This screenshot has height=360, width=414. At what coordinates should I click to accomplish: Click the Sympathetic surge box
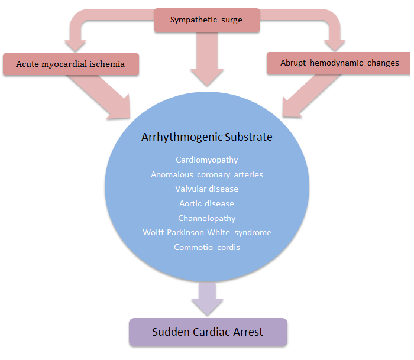point(206,20)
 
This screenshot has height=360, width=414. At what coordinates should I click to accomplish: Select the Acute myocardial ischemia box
point(71,64)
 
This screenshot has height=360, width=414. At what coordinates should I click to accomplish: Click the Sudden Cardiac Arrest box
point(208,332)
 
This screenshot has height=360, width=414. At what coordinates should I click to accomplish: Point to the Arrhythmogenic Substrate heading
point(207,137)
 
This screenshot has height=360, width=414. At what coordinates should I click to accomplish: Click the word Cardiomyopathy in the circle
point(207,160)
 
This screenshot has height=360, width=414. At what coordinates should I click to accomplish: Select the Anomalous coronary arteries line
point(207,174)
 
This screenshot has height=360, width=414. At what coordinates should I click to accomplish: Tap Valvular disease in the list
point(207,189)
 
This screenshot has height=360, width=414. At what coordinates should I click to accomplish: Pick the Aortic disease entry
point(207,203)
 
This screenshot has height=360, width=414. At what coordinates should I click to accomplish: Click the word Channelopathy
point(207,218)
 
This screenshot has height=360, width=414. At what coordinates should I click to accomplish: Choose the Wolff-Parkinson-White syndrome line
point(207,232)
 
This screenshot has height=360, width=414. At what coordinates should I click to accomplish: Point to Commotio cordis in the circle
point(207,247)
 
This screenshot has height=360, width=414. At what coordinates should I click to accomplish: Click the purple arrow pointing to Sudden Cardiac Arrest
point(207,299)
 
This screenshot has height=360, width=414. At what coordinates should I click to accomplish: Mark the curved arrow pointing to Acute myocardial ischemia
point(83,27)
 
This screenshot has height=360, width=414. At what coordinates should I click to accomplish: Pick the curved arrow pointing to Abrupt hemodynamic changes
point(331,27)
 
